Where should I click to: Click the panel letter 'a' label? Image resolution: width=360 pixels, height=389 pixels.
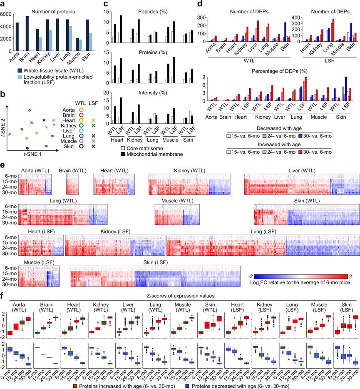point(3,4)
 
